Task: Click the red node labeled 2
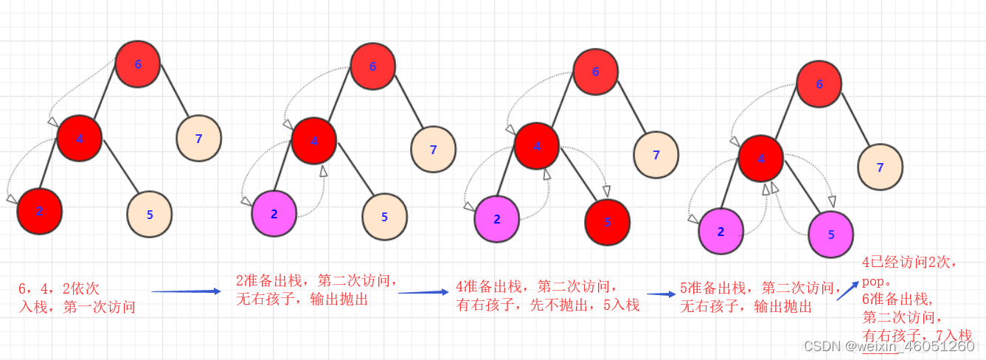coord(40,211)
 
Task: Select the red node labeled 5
coord(607,221)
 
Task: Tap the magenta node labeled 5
coord(831,235)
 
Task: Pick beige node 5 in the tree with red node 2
coord(150,215)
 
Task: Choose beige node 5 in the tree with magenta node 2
coord(384,216)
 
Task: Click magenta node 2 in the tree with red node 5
coord(496,219)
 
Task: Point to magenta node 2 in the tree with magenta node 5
coord(721,232)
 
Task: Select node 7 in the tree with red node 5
coord(656,155)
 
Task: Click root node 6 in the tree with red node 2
coord(138,64)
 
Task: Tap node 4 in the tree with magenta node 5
coord(761,159)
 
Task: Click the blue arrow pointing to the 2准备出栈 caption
coord(186,291)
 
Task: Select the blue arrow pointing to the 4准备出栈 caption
coord(423,292)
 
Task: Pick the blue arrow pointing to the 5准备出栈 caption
coord(662,294)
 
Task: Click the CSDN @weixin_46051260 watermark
coord(889,346)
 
